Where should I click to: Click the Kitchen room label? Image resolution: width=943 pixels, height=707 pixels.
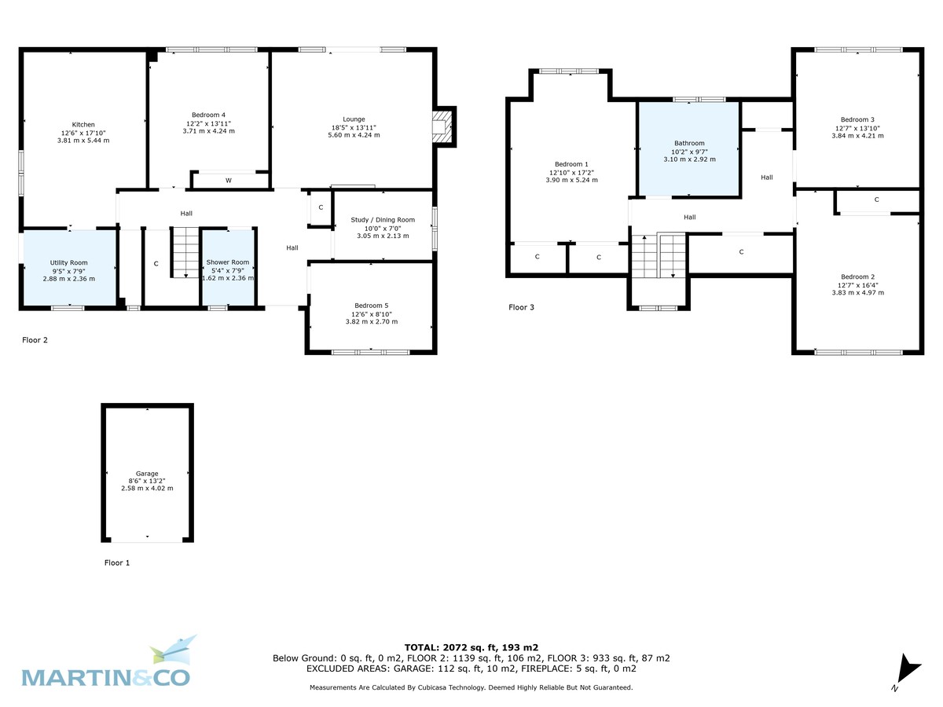[83, 125]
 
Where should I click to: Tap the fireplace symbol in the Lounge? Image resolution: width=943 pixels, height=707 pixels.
[442, 126]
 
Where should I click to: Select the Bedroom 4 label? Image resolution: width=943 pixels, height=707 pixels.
[208, 115]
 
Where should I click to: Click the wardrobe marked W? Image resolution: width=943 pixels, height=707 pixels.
[229, 181]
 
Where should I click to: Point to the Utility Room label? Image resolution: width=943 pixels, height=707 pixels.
[68, 262]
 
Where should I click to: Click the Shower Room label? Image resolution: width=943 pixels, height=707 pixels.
[228, 262]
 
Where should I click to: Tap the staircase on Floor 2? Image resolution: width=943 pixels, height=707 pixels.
[185, 252]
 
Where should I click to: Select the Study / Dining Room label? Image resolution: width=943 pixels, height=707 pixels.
[383, 220]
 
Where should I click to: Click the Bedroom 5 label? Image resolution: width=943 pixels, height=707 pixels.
[371, 306]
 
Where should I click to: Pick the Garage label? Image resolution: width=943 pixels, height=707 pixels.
[147, 474]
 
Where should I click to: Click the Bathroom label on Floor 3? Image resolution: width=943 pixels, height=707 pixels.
[689, 144]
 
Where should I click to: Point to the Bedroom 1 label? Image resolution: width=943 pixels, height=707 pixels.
[571, 164]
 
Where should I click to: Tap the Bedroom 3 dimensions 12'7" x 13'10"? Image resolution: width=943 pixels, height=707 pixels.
[857, 128]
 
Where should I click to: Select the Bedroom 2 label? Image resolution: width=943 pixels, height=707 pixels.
[857, 277]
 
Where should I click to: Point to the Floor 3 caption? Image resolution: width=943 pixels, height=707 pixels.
[521, 307]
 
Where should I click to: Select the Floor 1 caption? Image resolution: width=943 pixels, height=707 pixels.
[117, 562]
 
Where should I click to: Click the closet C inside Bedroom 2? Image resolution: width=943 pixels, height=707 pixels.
[876, 200]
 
